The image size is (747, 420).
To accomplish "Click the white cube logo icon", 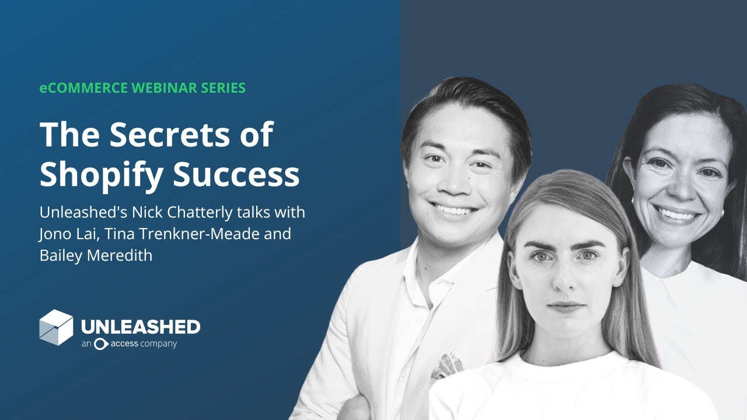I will [x=56, y=327].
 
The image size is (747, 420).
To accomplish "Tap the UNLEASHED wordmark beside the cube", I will [x=141, y=327].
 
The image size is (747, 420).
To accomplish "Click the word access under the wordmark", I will [x=126, y=344].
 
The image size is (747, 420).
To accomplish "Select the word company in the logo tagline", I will [x=159, y=344].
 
